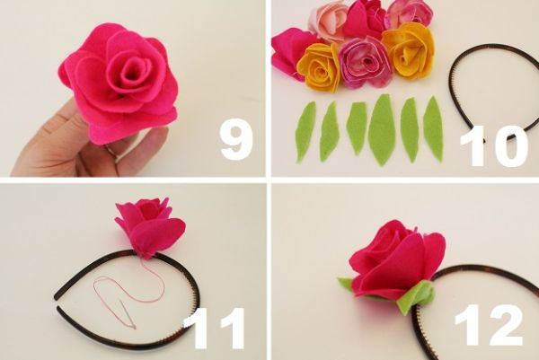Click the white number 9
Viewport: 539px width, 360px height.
pos(236,140)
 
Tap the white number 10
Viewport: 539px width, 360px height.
pos(494,146)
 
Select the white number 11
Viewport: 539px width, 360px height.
pos(214,329)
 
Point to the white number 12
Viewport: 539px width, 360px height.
pos(489,324)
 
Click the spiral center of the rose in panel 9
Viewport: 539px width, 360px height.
pos(132,70)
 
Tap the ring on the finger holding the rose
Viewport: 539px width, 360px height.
pos(110,151)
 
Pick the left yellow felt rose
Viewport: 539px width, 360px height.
pos(319,67)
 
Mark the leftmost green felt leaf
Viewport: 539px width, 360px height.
pos(305,132)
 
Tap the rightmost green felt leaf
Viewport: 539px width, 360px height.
pos(433,128)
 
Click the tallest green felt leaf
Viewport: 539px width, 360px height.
pos(382,130)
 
